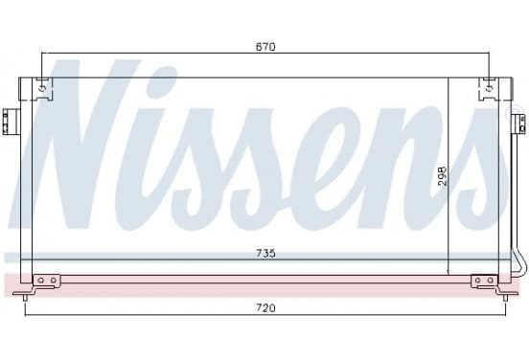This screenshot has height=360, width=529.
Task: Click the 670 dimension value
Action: [265, 47]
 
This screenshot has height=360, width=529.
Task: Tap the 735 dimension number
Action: [265, 253]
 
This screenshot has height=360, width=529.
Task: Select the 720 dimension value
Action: [265, 307]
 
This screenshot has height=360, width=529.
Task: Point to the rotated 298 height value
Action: [442, 176]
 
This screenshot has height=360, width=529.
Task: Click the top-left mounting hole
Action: [42, 89]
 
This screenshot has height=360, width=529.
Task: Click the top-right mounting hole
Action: [489, 89]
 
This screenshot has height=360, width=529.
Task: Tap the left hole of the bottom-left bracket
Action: [41, 281]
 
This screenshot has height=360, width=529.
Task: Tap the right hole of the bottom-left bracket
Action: [54, 281]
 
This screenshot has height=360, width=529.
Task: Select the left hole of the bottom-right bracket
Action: [477, 281]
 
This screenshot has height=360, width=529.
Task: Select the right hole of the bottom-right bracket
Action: [491, 281]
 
